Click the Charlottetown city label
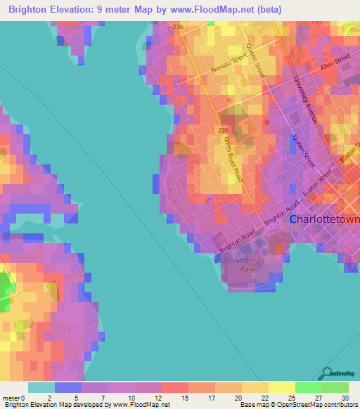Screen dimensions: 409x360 [x=324, y=219]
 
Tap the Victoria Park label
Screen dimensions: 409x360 [x=247, y=264]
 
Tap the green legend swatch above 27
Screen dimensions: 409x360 [x=308, y=387]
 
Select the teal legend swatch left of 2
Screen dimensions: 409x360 [x=41, y=387]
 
